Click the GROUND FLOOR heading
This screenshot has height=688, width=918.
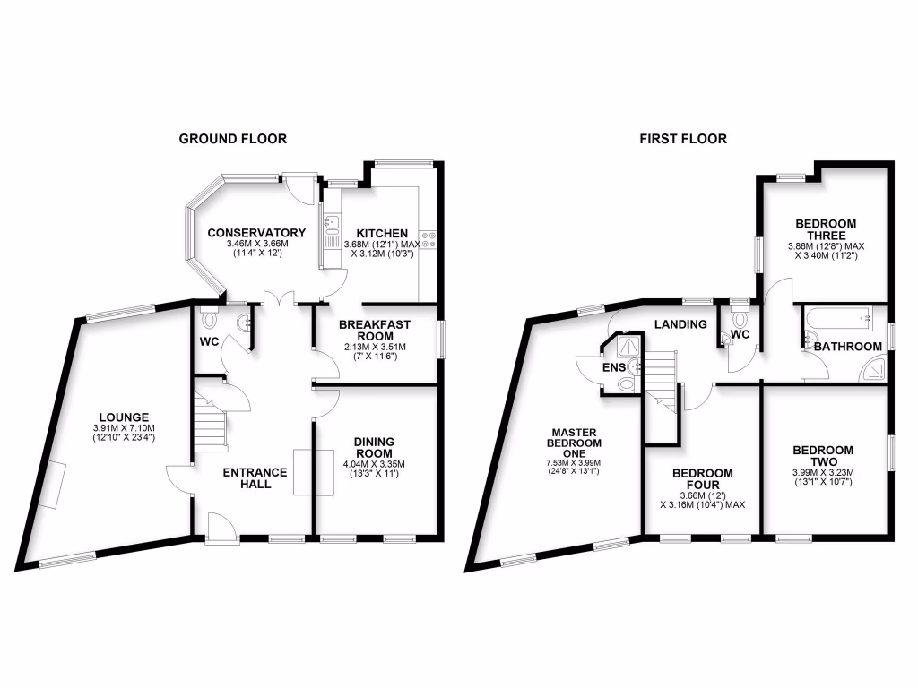pyautogui.click(x=233, y=139)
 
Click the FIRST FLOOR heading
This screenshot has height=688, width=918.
pyautogui.click(x=683, y=139)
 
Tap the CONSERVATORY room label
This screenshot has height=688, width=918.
pyautogui.click(x=256, y=233)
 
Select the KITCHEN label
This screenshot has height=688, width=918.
pyautogui.click(x=377, y=233)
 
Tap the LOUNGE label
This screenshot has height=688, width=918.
pyautogui.click(x=124, y=416)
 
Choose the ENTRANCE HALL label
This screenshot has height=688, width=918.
pyautogui.click(x=255, y=478)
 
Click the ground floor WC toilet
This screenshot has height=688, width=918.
pyautogui.click(x=210, y=319)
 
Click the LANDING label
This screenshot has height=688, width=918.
pyautogui.click(x=680, y=324)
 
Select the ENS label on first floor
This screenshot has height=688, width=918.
pyautogui.click(x=613, y=366)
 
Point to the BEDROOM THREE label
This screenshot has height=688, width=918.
pyautogui.click(x=825, y=229)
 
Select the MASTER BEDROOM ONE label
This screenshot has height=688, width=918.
pyautogui.click(x=576, y=442)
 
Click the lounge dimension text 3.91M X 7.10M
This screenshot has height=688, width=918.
pyautogui.click(x=124, y=428)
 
